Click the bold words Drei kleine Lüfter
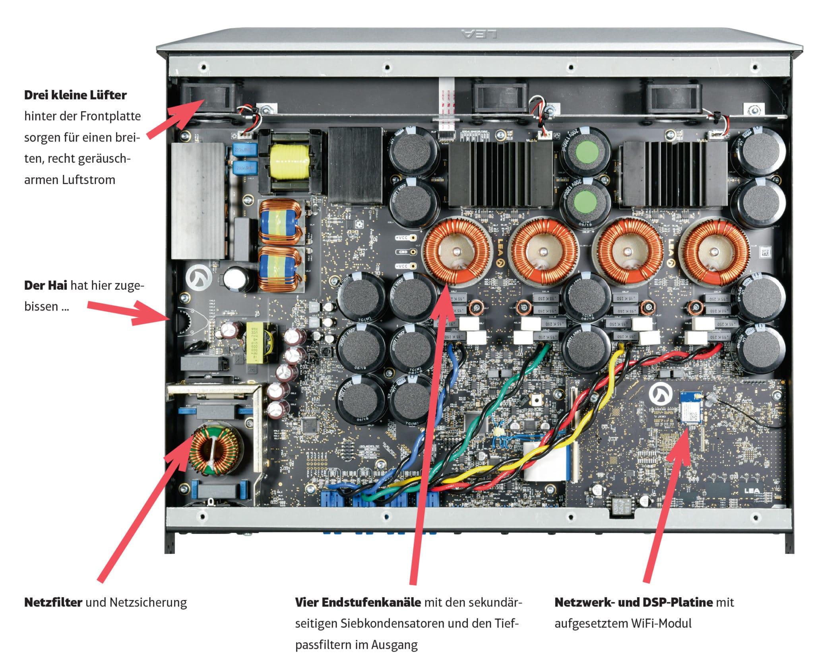[75, 95]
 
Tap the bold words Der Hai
[45, 285]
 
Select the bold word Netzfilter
[53, 602]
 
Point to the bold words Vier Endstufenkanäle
[357, 602]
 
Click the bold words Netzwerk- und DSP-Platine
[633, 602]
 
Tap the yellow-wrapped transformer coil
[289, 162]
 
